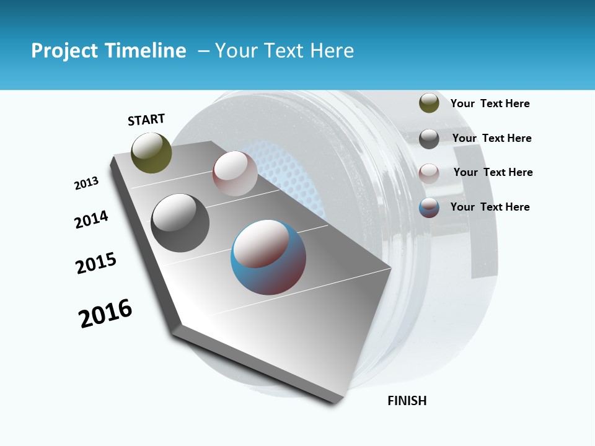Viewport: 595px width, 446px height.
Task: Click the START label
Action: pos(146,120)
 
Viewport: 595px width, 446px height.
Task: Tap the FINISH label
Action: pos(407,401)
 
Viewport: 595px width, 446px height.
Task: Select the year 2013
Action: pos(86,183)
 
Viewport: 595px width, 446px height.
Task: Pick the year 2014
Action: pos(91,219)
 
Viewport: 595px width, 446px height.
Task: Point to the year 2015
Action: pos(96,263)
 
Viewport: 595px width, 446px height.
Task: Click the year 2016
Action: pos(105,313)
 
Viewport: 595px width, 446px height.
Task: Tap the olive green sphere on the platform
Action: pos(152,153)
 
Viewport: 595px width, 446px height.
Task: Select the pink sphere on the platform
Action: pos(235,173)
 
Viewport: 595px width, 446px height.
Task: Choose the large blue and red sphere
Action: pos(268,257)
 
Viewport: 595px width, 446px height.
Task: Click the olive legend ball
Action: pos(429,103)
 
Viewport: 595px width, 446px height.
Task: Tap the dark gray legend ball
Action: pos(429,139)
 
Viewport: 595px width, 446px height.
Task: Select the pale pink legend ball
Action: pos(429,173)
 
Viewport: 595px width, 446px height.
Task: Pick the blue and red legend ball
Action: pos(429,208)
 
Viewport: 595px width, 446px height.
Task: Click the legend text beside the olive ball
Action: pos(490,103)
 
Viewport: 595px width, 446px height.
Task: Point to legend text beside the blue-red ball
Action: pos(490,207)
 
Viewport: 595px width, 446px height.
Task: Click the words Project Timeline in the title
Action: pos(108,51)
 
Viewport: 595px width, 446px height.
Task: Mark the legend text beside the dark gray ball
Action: pos(491,138)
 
